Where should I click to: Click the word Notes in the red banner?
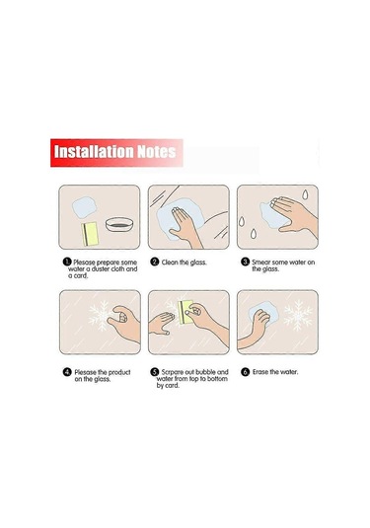(157, 152)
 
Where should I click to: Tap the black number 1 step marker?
(67, 262)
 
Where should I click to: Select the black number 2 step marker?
(155, 262)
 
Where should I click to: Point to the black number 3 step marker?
(246, 262)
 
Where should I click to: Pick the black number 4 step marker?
(67, 372)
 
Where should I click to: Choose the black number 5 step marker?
(155, 372)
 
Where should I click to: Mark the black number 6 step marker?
(246, 372)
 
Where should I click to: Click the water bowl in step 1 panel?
(119, 224)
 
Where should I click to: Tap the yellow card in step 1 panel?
(90, 234)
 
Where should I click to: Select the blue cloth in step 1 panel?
(85, 207)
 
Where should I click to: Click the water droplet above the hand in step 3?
(305, 194)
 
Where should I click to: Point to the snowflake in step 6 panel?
(298, 315)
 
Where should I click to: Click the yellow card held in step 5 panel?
(185, 312)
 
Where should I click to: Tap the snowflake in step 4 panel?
(102, 316)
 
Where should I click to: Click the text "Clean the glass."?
(184, 263)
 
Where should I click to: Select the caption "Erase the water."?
(275, 372)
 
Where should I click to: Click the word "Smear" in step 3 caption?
(260, 262)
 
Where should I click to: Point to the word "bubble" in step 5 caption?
(205, 372)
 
